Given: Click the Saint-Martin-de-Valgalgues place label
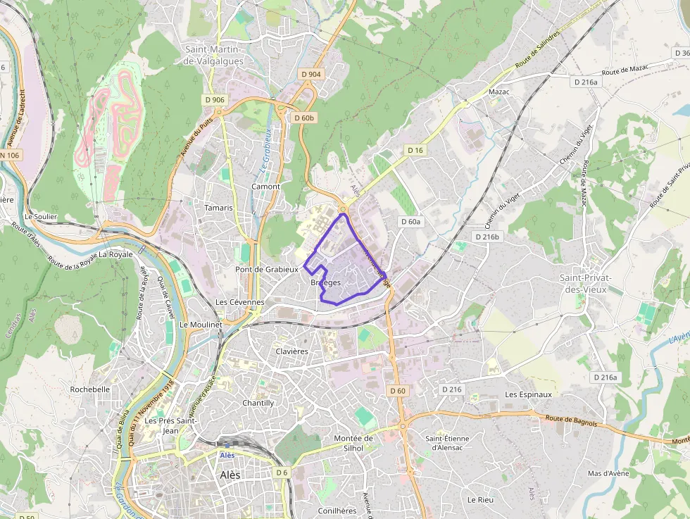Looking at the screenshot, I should tap(213, 55).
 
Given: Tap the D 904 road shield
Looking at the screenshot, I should tap(310, 74).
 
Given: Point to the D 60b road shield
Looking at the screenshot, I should tap(303, 118).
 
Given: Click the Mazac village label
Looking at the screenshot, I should tap(498, 92).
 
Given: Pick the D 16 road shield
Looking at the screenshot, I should tap(415, 150).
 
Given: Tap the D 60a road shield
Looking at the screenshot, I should tap(410, 221).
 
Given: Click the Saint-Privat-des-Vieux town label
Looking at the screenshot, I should tap(586, 283).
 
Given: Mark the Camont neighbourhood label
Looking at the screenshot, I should tap(265, 187).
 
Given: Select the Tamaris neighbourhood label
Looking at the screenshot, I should tap(218, 208).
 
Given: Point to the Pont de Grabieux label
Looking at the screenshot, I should tap(267, 269).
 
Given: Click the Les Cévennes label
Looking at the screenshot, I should tap(239, 302).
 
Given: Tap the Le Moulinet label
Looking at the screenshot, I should tap(201, 325).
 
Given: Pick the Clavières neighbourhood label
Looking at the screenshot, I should tap(292, 351).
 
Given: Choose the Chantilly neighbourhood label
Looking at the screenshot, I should tap(258, 403).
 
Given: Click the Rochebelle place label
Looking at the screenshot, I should tap(89, 389).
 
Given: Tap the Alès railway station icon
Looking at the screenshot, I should tap(227, 445).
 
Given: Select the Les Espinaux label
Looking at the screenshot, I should tap(528, 394).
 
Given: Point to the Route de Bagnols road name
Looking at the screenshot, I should tap(571, 421).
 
